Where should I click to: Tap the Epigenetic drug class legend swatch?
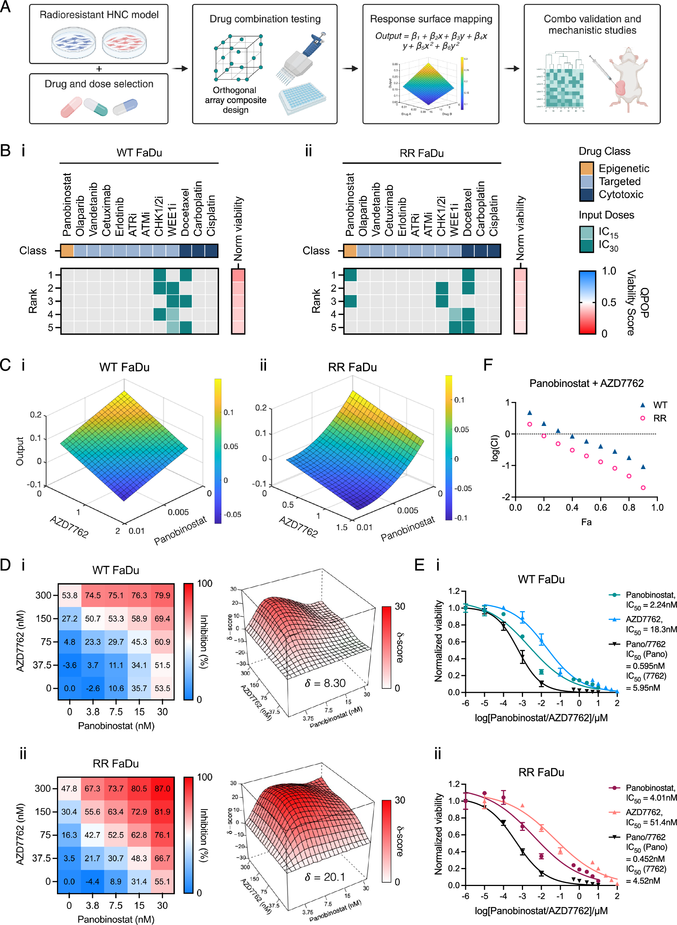586,168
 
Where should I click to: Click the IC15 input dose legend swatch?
586,232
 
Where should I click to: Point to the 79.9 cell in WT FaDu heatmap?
162,595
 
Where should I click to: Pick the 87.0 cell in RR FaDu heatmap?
162,789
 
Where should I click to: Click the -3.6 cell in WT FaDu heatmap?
70,665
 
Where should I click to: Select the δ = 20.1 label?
325,877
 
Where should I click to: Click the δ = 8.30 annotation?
325,683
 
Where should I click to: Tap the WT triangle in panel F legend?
643,405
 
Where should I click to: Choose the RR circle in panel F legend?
643,418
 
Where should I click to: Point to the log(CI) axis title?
495,448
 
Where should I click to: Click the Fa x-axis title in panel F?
586,522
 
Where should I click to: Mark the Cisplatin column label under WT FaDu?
211,215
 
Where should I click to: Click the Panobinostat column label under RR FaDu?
350,204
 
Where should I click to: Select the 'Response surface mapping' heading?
431,19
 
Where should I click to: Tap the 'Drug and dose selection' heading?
99,84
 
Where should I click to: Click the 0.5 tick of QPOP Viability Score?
608,303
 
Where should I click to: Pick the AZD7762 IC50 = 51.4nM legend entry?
650,817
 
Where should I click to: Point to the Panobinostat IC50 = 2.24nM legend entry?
650,600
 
